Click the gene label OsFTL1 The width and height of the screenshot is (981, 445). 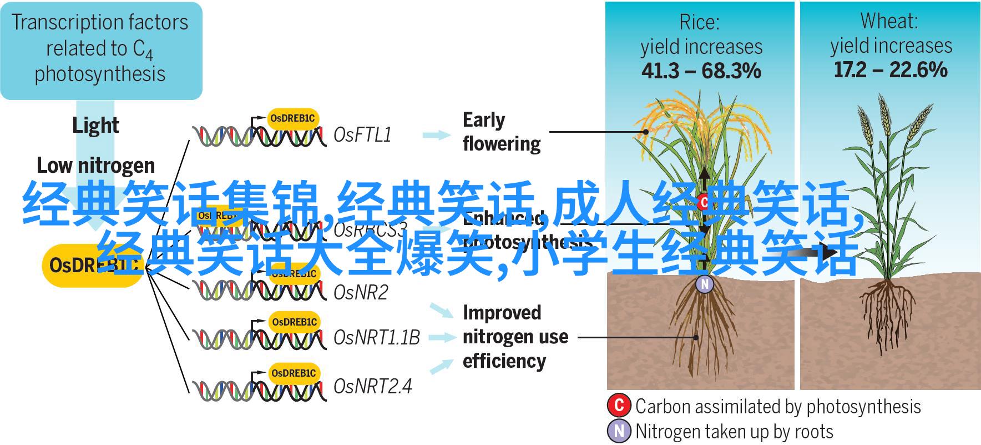point(362,135)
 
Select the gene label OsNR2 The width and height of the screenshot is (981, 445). point(361,292)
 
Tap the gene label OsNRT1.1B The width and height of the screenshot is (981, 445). point(377,337)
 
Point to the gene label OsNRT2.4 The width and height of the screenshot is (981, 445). point(372,386)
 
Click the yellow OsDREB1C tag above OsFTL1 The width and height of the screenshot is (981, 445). point(292,118)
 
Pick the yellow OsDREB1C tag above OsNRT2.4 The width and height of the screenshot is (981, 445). point(295,373)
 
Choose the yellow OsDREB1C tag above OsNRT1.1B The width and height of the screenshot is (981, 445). point(295,322)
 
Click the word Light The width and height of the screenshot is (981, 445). point(95,126)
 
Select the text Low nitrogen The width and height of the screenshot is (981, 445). point(95,166)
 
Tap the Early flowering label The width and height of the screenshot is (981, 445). point(501,132)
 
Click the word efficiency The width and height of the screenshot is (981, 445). point(504,361)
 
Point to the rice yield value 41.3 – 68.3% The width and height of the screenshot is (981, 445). point(701,71)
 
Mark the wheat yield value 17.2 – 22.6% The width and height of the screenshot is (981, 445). point(891,70)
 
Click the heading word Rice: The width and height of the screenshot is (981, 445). point(699,23)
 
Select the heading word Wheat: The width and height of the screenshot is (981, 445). point(889,22)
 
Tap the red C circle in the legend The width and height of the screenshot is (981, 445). point(619,405)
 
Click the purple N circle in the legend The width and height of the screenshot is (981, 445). point(619,431)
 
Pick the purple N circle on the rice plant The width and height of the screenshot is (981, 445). point(705,284)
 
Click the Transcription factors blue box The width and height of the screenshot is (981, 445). point(101,50)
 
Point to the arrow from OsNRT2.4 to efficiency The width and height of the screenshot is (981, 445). point(442,366)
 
